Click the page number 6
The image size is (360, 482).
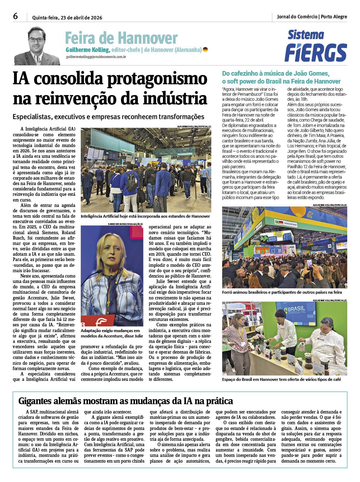click(x=15, y=16)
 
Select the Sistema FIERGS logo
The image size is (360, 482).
click(x=315, y=46)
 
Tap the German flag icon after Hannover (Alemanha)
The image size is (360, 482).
click(x=205, y=50)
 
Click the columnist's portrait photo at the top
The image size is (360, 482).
click(x=37, y=46)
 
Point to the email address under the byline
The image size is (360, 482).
click(x=96, y=57)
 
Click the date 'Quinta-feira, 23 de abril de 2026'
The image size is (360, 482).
click(x=67, y=17)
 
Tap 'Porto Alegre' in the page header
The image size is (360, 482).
click(x=334, y=16)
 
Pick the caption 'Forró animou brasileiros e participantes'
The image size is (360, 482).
click(x=282, y=292)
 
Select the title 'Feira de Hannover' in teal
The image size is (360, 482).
click(x=121, y=38)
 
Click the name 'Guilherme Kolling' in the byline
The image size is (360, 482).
click(x=87, y=50)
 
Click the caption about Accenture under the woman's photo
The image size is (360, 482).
click(x=112, y=333)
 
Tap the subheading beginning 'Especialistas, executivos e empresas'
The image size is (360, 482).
click(x=108, y=117)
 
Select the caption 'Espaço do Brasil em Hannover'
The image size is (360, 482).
click(x=281, y=379)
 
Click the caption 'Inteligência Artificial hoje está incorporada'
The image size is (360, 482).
click(x=145, y=216)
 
